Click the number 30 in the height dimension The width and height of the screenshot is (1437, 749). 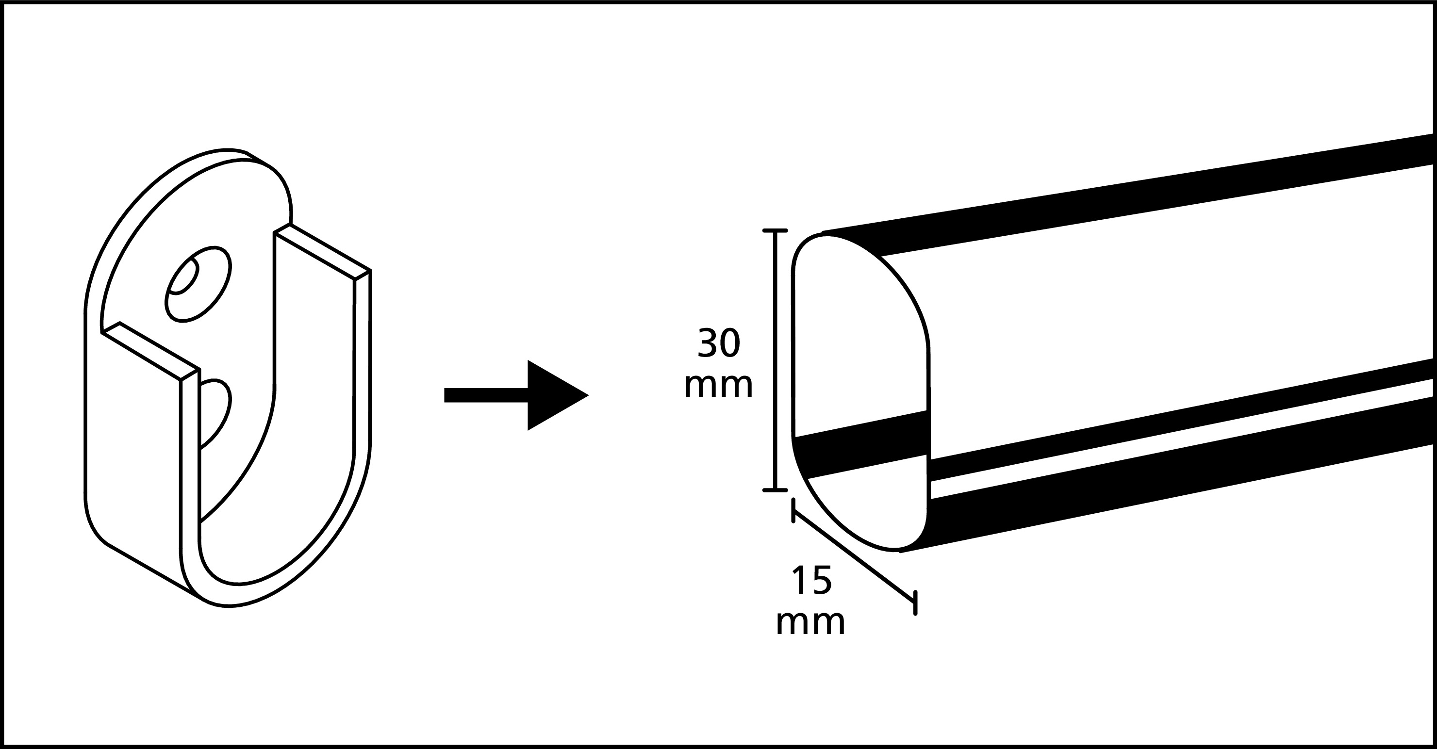point(719,343)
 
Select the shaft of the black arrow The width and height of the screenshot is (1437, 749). point(486,395)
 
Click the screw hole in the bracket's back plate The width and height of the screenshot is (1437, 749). point(198,284)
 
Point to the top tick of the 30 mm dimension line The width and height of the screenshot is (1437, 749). point(775,230)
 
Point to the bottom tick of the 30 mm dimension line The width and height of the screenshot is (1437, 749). point(775,490)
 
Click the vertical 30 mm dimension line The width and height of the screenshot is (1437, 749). point(775,360)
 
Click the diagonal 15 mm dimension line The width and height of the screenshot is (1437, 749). point(854,558)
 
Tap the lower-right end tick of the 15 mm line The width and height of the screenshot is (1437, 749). point(915,603)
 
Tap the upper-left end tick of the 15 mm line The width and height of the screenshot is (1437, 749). point(793,511)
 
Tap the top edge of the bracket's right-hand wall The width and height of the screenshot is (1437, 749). point(322,251)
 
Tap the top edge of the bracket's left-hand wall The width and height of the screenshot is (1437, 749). point(150,351)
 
